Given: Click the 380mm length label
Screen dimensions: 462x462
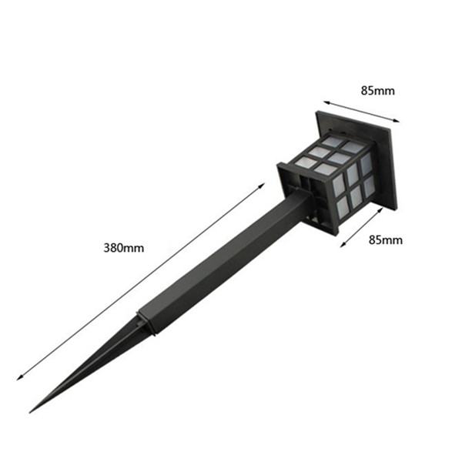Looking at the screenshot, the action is [124, 248].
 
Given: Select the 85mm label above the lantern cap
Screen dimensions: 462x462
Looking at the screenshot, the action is [377, 91].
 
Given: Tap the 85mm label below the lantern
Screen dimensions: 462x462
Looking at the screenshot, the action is [386, 240].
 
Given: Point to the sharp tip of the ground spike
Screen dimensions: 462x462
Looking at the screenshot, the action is [30, 412].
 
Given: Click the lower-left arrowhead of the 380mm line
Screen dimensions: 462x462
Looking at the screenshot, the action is [18, 379].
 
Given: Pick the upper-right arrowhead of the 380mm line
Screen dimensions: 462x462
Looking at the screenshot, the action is [263, 185].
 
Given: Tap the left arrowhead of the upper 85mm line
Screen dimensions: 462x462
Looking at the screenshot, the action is [326, 102].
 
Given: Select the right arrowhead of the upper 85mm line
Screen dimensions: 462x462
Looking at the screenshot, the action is [397, 120].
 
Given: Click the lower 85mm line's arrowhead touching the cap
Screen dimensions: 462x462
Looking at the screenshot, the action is [380, 209].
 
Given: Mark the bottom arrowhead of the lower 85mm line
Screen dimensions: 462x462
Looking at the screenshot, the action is [343, 245].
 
